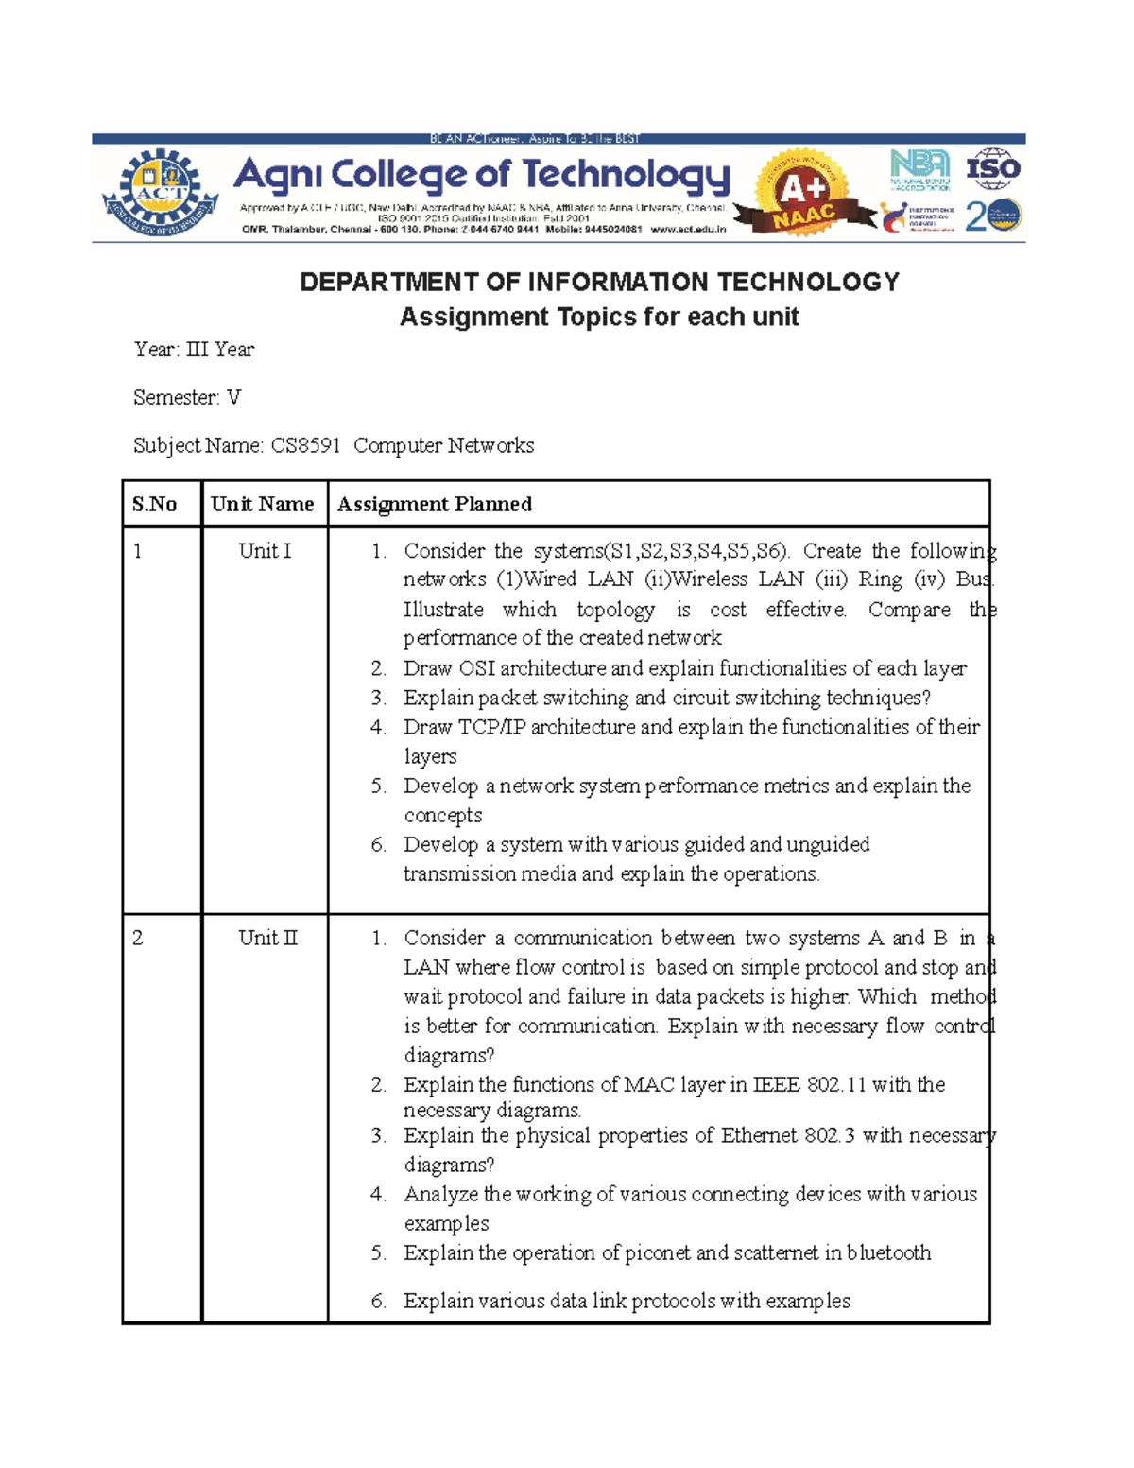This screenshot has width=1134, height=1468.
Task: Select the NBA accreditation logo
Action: (x=919, y=170)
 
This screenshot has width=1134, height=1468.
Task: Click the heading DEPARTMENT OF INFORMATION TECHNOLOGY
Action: (x=599, y=282)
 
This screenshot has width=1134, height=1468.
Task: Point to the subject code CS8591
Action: (x=305, y=445)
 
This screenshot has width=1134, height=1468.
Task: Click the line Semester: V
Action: (x=187, y=397)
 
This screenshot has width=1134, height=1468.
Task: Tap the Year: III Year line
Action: (x=194, y=350)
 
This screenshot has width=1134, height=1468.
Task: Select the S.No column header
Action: (x=155, y=504)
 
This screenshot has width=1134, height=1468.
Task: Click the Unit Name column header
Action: (x=263, y=504)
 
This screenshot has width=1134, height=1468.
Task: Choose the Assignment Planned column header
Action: (x=435, y=504)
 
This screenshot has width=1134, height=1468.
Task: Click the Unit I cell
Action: (x=265, y=551)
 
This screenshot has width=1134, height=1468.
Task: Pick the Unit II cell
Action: (x=267, y=938)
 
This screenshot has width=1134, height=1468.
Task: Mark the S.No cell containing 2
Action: (x=138, y=938)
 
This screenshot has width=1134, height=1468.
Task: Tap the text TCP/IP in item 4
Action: (x=491, y=727)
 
